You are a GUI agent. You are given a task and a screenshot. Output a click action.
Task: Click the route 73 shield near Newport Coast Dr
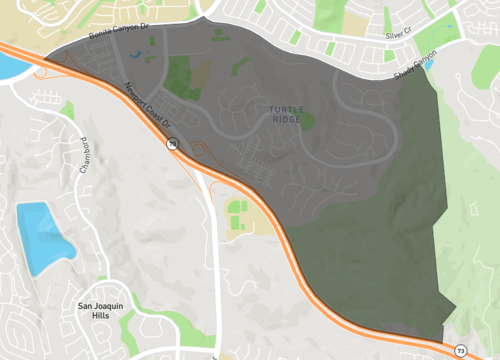point(171,145)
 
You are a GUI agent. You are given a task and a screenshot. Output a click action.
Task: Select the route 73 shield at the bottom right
point(461,351)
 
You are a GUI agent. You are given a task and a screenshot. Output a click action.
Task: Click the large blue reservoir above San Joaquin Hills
point(41,236)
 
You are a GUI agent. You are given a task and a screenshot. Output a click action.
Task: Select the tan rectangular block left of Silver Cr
point(355,22)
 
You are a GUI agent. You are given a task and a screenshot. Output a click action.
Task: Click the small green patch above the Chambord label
point(67,107)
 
